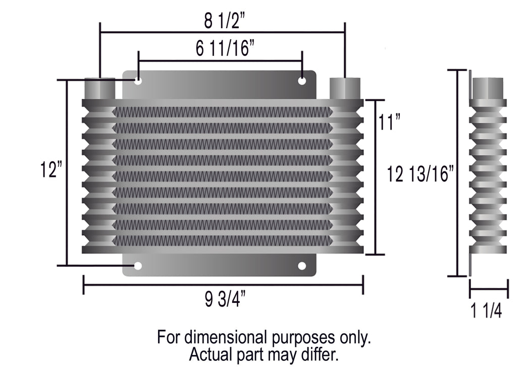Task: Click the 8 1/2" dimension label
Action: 225,21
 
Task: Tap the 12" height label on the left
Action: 51,169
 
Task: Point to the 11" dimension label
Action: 389,122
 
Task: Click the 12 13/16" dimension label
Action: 420,174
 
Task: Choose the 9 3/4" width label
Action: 225,299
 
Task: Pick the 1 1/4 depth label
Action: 486,311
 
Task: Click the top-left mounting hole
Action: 138,80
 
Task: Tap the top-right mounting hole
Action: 302,80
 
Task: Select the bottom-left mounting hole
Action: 138,266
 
